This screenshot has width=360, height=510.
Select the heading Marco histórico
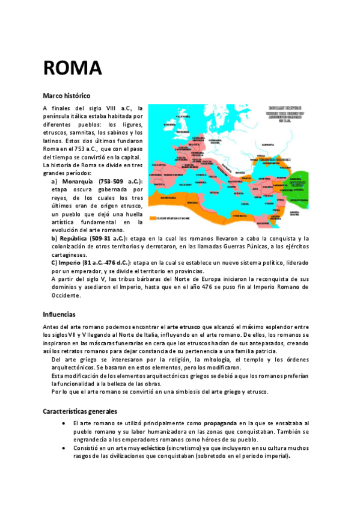pos(66,96)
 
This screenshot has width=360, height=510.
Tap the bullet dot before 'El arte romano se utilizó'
pos(65,423)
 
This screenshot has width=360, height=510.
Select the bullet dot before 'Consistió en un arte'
pos(65,448)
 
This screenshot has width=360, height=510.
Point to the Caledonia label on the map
pos(183,116)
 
